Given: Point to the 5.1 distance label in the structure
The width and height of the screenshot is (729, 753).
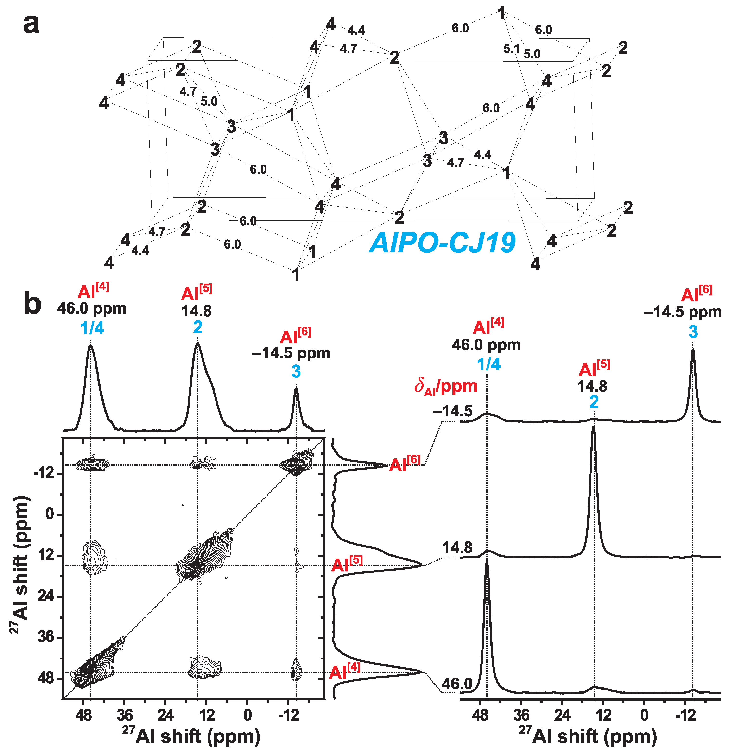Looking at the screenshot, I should pyautogui.click(x=511, y=49).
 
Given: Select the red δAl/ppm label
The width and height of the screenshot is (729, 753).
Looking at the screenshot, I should pyautogui.click(x=446, y=386).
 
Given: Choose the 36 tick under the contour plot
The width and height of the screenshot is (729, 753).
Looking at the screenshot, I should pyautogui.click(x=125, y=715).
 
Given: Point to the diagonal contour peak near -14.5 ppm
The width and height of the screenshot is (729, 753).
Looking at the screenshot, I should pyautogui.click(x=296, y=465).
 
